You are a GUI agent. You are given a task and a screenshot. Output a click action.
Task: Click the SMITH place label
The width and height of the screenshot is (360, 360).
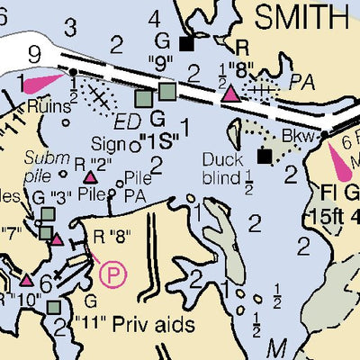tap(301, 15)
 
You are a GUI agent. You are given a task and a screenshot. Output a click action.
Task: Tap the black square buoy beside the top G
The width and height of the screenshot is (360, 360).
tap(187, 43)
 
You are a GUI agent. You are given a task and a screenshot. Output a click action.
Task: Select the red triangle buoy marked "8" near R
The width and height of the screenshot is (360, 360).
tap(231, 94)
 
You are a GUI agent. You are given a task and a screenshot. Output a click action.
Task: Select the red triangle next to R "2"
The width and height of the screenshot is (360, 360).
tap(89, 176)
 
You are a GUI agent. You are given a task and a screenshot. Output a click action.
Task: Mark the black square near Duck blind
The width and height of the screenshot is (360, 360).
tap(264, 157)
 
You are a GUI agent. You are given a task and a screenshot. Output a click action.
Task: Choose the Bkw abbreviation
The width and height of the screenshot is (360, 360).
tap(294, 135)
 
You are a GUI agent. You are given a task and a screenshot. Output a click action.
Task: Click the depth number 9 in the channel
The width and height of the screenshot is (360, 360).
tap(34, 56)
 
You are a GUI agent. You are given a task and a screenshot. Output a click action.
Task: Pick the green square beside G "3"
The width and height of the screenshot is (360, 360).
tap(47, 214)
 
